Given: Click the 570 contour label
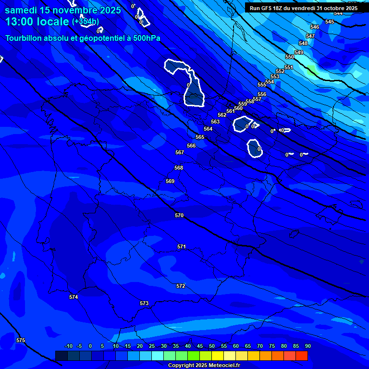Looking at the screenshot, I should click(179, 216).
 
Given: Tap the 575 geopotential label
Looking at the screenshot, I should click(21, 341).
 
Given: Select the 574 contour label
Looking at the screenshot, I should click(74, 297).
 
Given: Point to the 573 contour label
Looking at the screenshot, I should click(144, 304).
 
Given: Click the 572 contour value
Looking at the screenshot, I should click(181, 286).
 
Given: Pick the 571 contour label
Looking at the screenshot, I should click(181, 247).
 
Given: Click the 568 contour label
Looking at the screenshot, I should click(179, 168).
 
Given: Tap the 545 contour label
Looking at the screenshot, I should click(329, 22).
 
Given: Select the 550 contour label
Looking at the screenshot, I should click(289, 57).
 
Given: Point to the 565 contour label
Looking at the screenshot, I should click(200, 137).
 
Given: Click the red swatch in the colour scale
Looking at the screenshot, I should click(301, 356).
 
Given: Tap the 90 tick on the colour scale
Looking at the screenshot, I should click(307, 346).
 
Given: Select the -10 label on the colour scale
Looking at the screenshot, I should click(68, 346).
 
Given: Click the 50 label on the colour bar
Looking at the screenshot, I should click(212, 346).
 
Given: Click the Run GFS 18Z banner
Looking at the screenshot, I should click(303, 8).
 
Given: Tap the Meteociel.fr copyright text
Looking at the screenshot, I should click(204, 366).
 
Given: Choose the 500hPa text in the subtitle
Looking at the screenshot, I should click(144, 38).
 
